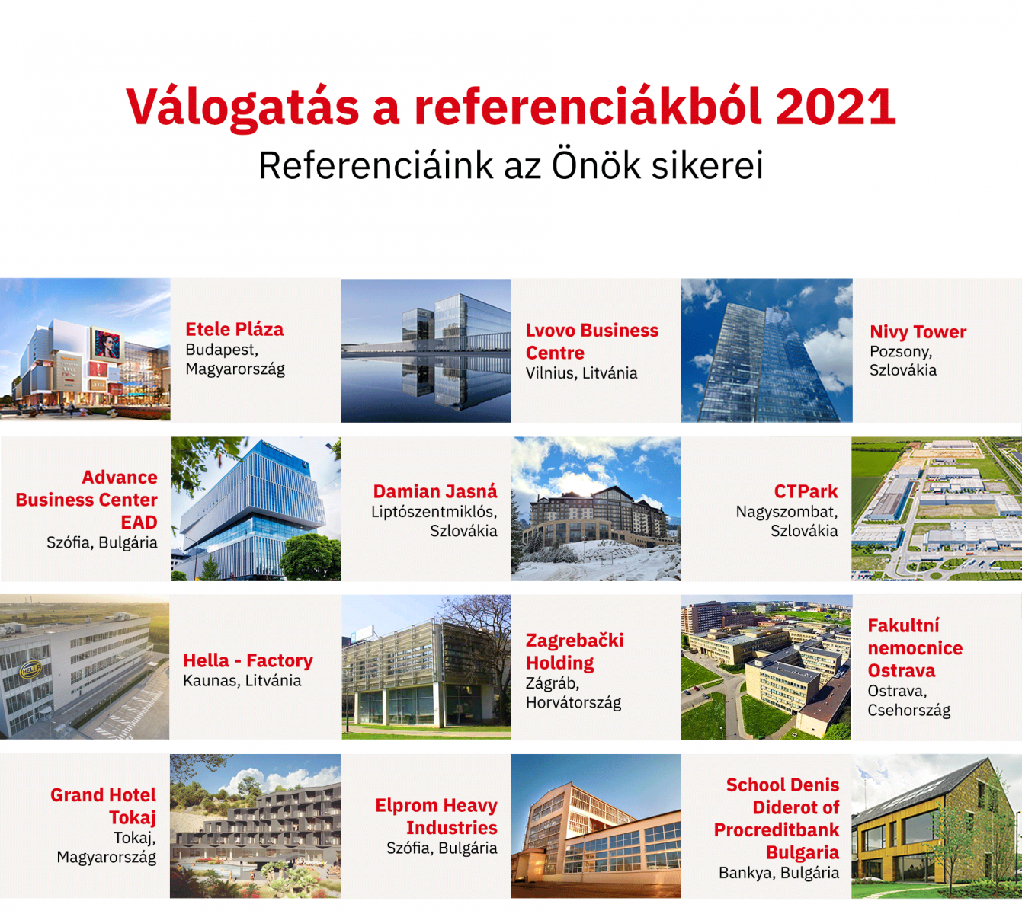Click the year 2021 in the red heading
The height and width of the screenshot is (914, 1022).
point(836,107)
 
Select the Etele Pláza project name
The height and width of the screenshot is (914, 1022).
point(235,329)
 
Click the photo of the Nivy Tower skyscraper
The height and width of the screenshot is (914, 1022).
point(767,350)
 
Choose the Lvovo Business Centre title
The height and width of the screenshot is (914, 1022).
point(591,341)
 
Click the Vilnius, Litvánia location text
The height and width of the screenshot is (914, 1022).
point(581,373)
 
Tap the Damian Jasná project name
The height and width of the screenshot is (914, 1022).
point(435,491)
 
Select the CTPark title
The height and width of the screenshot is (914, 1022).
point(806,491)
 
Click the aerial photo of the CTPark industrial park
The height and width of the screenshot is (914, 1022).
point(937,509)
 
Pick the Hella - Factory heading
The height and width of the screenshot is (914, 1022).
point(248,660)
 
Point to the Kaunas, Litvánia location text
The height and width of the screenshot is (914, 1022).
point(242,681)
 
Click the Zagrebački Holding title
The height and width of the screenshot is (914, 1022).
point(575,651)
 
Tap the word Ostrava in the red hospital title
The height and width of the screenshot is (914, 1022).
point(902,670)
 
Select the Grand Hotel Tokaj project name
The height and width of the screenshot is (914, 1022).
point(103,806)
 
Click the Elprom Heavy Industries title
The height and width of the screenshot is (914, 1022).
point(437,817)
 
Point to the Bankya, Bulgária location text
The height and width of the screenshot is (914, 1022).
point(779,872)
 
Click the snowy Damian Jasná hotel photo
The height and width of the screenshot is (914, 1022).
point(596,509)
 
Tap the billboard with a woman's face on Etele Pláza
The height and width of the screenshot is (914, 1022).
point(107,345)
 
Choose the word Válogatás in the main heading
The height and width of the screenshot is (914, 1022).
point(242,108)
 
